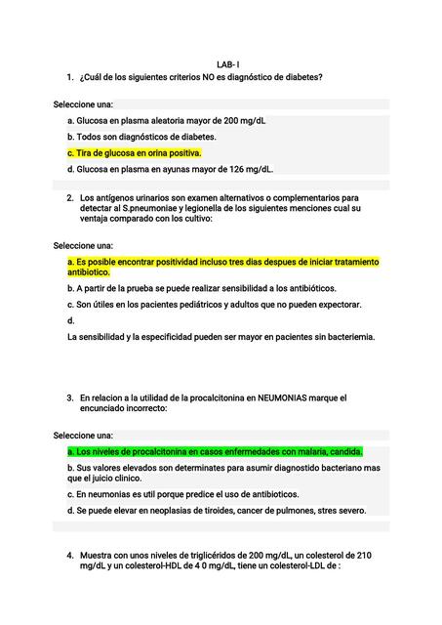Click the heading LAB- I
pyautogui.click(x=228, y=62)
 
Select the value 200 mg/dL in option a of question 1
pyautogui.click(x=244, y=120)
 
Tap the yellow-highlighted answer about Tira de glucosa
pyautogui.click(x=135, y=153)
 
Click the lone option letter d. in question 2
pyautogui.click(x=71, y=320)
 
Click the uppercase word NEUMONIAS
pyautogui.click(x=288, y=398)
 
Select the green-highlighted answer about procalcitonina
pyautogui.click(x=215, y=452)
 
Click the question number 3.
pyautogui.click(x=70, y=398)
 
